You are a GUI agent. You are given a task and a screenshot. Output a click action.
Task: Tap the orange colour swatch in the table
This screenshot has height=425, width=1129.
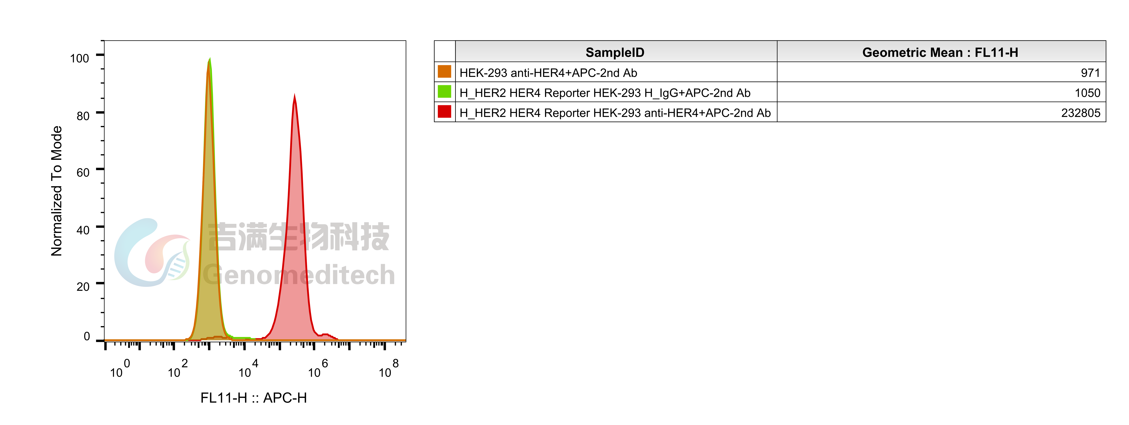click(444, 71)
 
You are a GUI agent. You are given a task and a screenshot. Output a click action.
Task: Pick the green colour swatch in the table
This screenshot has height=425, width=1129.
click(444, 92)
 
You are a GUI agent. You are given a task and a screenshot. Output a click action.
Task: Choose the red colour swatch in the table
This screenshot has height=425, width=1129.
click(444, 112)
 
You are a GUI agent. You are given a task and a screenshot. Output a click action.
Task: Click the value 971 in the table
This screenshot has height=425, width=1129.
click(1090, 73)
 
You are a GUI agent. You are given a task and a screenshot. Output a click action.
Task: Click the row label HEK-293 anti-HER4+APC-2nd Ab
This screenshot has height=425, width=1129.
click(548, 73)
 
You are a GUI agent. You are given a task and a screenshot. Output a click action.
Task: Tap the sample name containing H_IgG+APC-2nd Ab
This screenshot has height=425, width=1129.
click(605, 93)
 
